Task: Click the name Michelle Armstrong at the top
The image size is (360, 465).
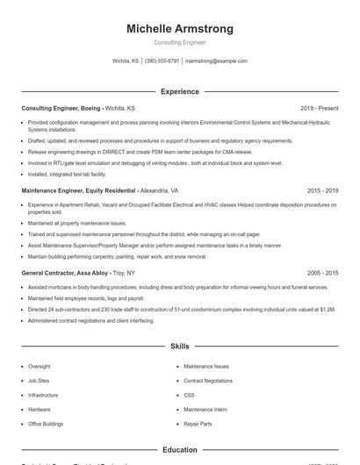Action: [180, 29]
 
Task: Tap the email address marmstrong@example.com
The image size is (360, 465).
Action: [216, 61]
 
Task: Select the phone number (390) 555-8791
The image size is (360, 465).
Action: [162, 61]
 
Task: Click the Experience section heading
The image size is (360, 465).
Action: [180, 91]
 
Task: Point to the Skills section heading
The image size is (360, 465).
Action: [180, 347]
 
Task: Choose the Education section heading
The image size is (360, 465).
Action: [180, 450]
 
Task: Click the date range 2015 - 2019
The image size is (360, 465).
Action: [323, 190]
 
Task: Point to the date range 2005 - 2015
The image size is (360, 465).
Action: [323, 273]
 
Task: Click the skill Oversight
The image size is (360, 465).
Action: [40, 366]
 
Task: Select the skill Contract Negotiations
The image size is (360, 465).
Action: [208, 381]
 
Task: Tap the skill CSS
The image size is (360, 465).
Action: [189, 395]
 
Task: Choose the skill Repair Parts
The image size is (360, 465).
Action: [198, 424]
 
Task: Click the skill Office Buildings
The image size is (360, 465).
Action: [46, 424]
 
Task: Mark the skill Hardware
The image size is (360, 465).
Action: [40, 409]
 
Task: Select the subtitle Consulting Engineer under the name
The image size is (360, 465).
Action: [180, 43]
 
